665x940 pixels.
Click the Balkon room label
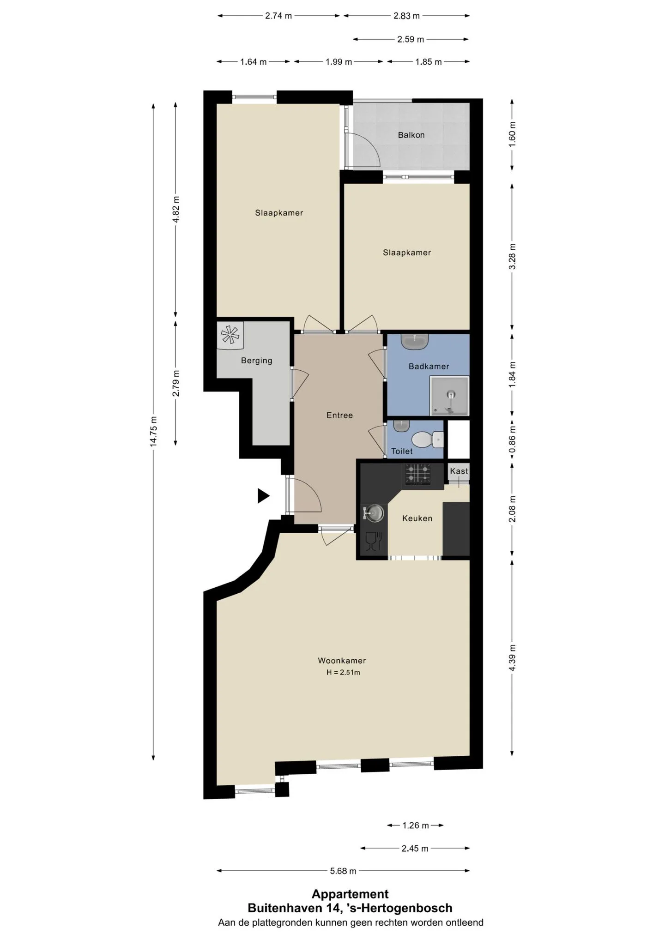click(x=411, y=135)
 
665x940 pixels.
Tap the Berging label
click(x=257, y=361)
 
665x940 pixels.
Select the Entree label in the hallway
click(x=339, y=416)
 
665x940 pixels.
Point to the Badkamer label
click(x=429, y=367)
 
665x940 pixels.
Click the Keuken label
click(x=417, y=518)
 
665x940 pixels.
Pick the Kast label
click(x=459, y=471)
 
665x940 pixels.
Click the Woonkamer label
click(x=342, y=661)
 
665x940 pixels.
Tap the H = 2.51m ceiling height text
click(x=343, y=673)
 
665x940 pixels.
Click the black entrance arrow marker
click(x=263, y=496)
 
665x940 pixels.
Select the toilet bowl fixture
click(x=427, y=439)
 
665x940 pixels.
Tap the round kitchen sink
click(x=375, y=513)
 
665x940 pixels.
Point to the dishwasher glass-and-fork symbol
click(x=373, y=541)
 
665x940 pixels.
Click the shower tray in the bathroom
click(x=449, y=396)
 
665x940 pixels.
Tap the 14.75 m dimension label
click(x=154, y=431)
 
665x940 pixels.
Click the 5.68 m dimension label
click(x=343, y=871)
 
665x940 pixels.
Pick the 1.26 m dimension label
click(x=416, y=825)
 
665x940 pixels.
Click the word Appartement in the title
click(x=350, y=894)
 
